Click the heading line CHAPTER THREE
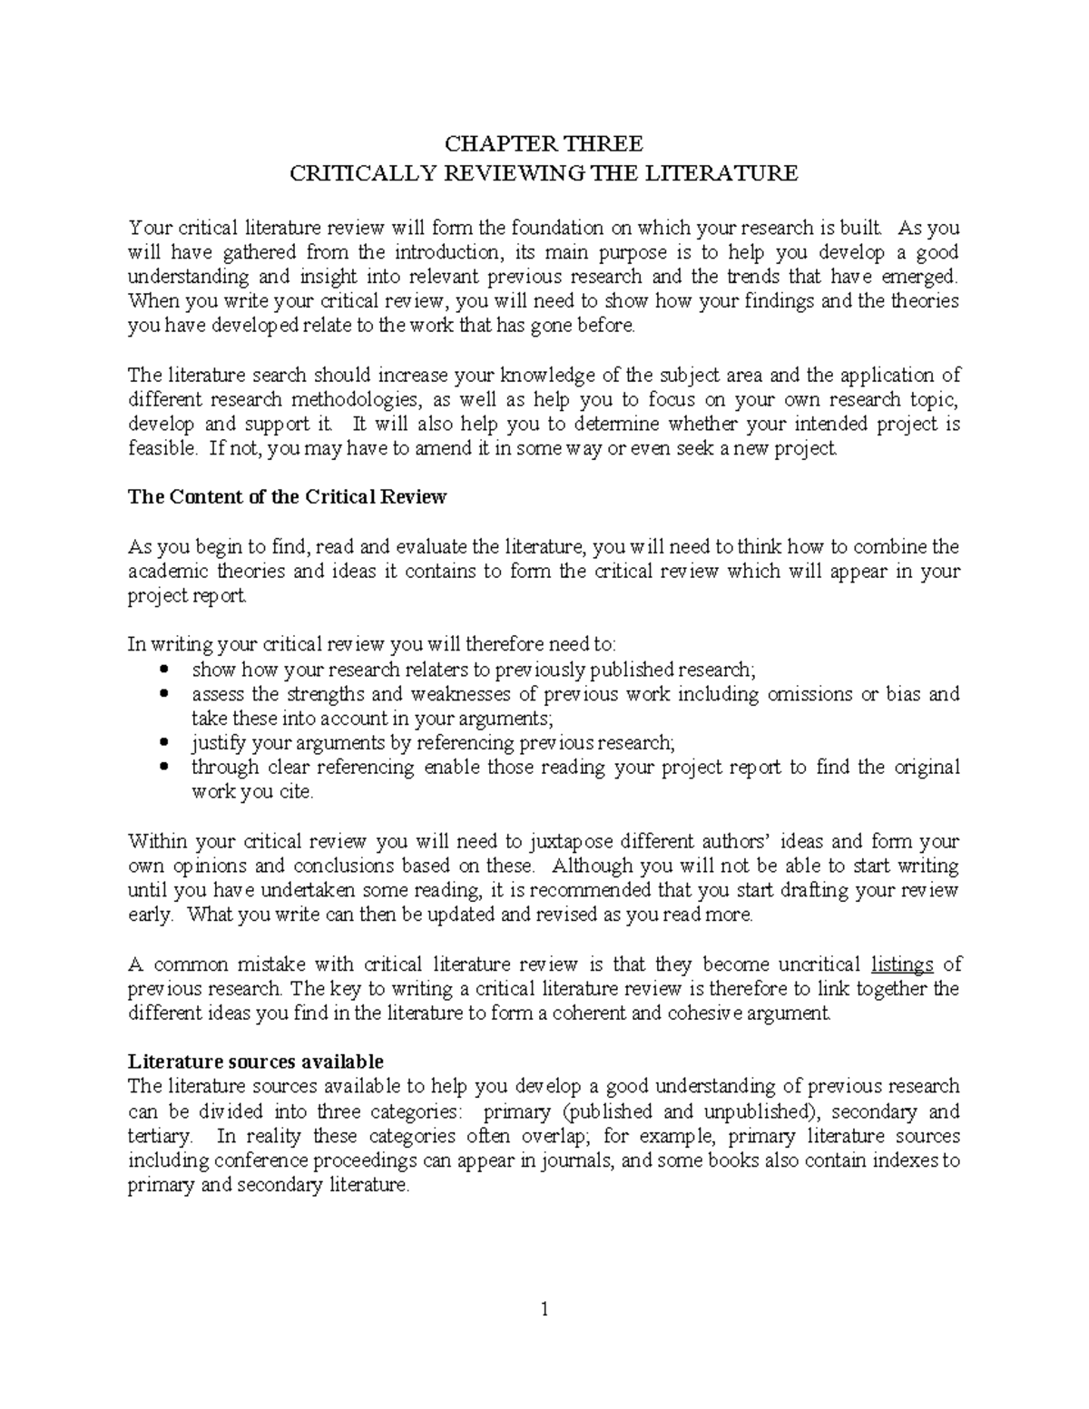coord(543,143)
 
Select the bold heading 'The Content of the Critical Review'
coord(288,497)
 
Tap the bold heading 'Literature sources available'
coord(256,1062)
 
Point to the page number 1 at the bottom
coord(544,1309)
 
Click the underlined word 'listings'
coord(902,964)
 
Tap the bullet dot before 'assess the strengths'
coord(164,694)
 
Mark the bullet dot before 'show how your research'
coord(164,670)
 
